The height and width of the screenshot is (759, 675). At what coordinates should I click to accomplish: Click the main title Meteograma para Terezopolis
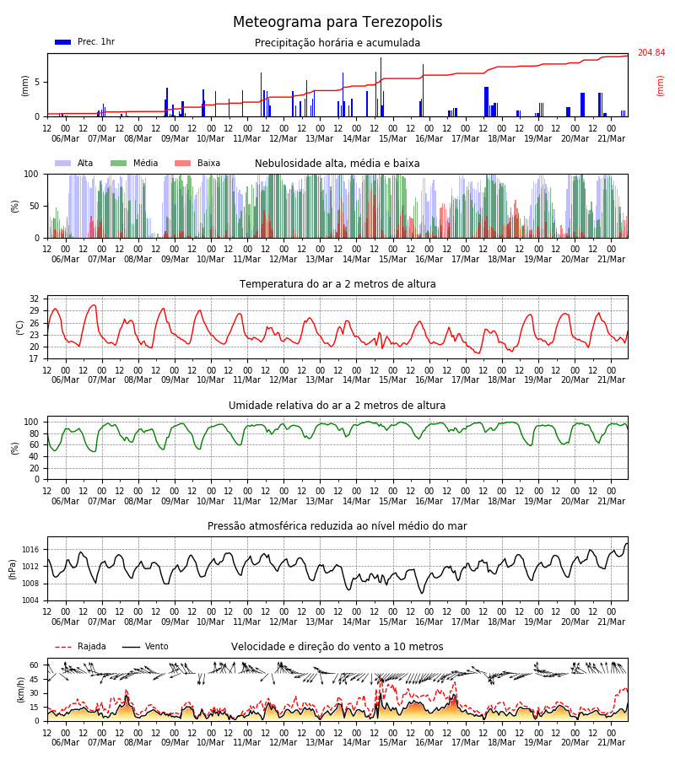coord(337,22)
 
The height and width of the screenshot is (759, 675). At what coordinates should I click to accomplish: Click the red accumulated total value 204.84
coord(651,53)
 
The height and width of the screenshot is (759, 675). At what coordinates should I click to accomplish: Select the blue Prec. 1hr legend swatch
coord(63,42)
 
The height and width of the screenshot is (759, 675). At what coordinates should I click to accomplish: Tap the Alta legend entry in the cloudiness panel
coord(74,163)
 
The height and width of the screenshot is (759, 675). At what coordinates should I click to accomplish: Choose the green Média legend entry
coord(134,163)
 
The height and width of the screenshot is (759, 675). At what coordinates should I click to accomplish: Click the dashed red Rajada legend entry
coord(80,647)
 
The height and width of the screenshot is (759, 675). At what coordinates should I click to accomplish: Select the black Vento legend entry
coord(145,647)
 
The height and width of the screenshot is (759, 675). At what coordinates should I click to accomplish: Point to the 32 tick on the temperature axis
coord(34,299)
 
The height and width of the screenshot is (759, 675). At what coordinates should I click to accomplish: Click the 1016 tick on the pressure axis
coord(30,549)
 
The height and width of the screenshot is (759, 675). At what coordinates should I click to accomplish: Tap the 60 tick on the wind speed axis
coord(34,665)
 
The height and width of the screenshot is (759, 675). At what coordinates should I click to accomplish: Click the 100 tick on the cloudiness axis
coord(31,174)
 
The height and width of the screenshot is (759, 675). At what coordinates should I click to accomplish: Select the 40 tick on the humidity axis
coord(34,456)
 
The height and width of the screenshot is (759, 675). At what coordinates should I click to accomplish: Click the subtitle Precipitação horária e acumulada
coord(337,43)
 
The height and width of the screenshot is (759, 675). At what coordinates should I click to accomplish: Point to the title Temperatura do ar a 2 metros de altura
coord(337,284)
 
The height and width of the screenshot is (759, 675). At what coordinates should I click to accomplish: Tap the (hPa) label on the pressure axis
coord(13,570)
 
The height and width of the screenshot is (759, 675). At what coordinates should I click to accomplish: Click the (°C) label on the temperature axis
coord(20,328)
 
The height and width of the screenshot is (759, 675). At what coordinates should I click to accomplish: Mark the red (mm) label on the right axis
coord(660,86)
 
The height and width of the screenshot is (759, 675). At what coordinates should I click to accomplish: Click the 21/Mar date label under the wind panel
coord(611,742)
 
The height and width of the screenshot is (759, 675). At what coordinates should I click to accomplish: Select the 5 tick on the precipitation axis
coord(37,83)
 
